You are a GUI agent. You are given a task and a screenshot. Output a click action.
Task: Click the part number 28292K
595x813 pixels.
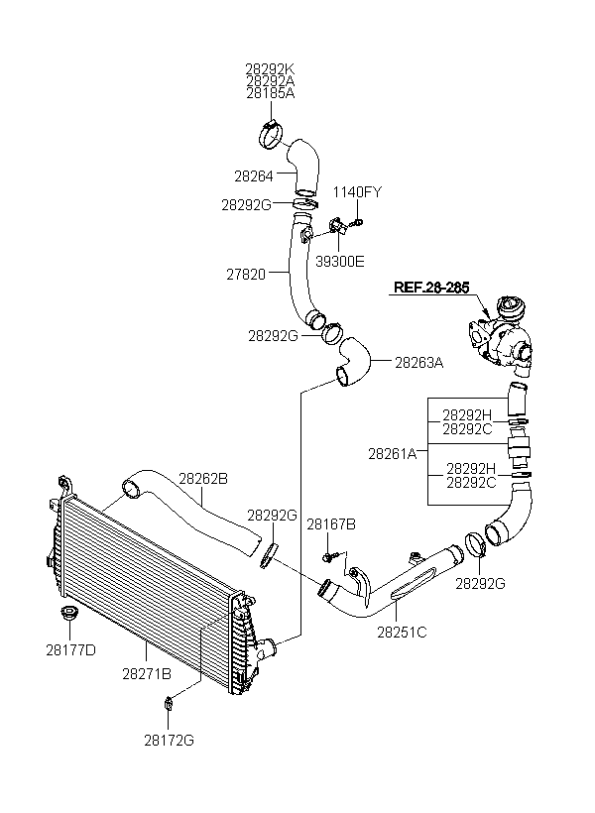coord(270,69)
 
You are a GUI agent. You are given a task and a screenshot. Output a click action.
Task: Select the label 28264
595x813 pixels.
coord(254,176)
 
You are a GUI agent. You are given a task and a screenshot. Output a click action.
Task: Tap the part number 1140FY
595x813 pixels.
coord(357,192)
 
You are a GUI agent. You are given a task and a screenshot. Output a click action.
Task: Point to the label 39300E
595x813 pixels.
coord(340,262)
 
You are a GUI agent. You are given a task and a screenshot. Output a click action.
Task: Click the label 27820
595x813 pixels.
coord(246,274)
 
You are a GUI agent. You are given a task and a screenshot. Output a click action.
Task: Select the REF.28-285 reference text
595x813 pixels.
coord(431,288)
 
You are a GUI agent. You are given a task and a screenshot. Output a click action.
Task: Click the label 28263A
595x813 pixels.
coord(419,363)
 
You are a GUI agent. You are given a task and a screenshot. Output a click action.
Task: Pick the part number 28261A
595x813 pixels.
coord(392,454)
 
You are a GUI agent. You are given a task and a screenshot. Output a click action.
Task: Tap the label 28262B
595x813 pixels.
coord(203,479)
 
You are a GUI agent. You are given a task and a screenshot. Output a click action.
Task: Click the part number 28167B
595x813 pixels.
coord(331,524)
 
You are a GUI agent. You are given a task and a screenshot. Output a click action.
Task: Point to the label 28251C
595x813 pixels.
coord(402,632)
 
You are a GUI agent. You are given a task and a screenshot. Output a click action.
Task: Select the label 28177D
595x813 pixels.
coord(71,650)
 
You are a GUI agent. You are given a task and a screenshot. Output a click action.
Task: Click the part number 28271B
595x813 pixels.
coord(147,674)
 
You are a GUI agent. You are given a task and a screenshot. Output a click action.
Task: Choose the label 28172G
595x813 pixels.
coord(170,740)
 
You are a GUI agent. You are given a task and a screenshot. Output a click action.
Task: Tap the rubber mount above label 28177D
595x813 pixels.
coord(68,613)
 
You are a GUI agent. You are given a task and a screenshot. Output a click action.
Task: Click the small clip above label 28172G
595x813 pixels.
coord(168,704)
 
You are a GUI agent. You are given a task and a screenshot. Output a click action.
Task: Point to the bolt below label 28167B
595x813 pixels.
coord(329,557)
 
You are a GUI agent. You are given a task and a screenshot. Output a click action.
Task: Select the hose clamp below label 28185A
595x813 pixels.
coord(272,133)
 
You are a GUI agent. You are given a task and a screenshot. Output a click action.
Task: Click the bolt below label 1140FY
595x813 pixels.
coord(356,223)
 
